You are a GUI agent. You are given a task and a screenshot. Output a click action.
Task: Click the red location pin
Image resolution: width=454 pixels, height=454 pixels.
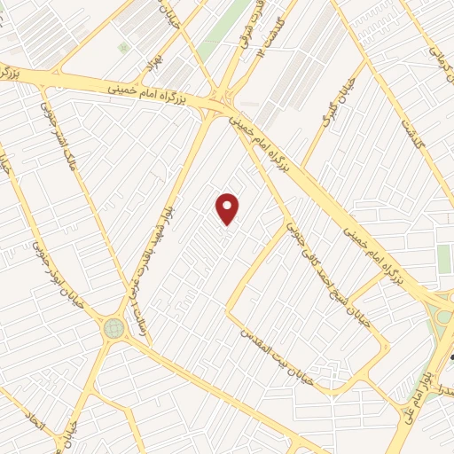[228, 209]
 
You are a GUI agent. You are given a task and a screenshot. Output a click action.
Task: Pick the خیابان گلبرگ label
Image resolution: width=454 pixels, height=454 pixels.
[335, 107]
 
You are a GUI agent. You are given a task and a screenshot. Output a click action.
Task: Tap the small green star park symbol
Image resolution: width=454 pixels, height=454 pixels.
[123, 46]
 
